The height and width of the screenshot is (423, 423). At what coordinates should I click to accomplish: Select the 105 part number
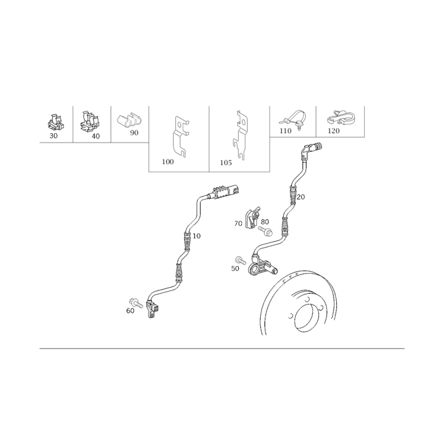pos(226,162)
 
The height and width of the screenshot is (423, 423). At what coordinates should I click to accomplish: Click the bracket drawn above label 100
pos(180,136)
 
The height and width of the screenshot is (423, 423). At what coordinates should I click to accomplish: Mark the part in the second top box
pos(89,123)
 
